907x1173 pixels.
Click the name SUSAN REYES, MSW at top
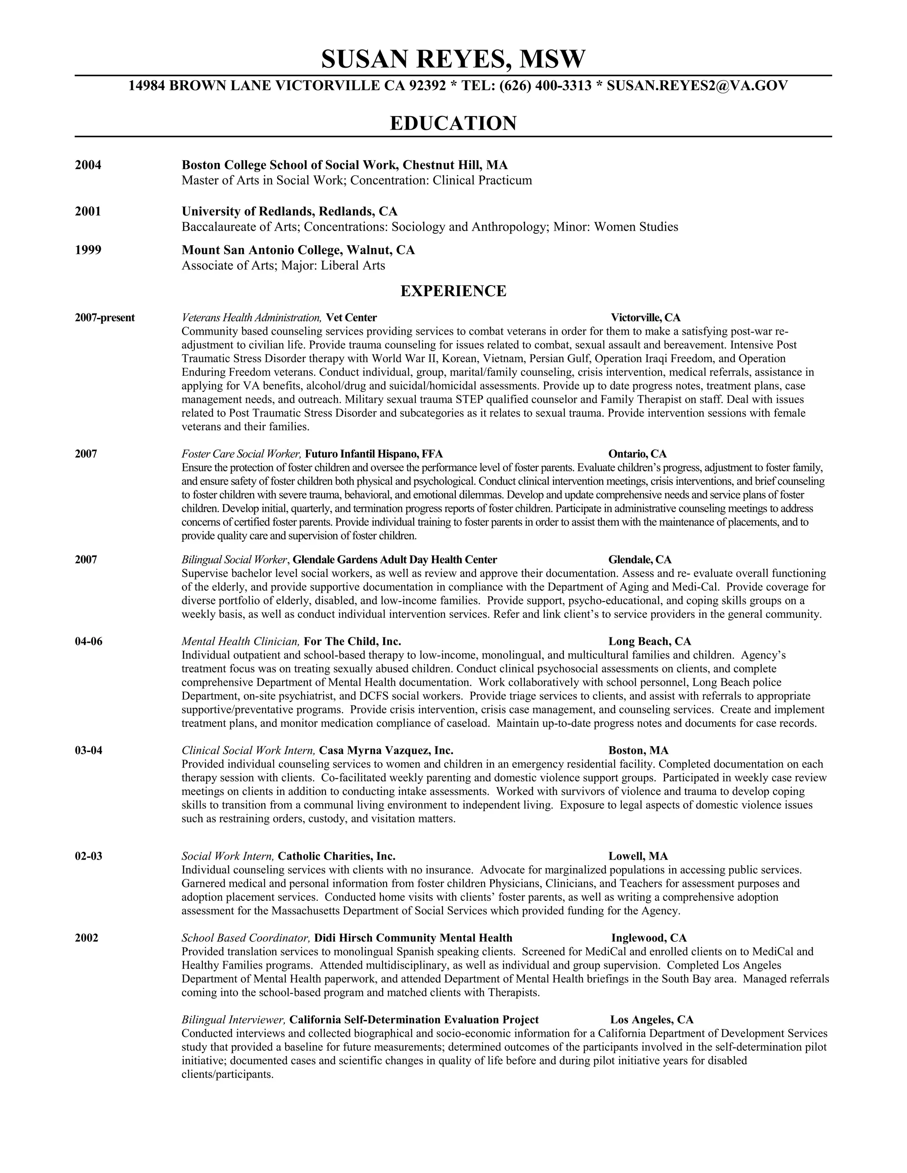tap(453, 59)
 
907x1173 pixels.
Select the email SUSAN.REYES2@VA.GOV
tap(697, 85)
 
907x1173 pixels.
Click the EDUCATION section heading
tap(453, 123)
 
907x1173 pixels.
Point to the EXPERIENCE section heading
tap(453, 291)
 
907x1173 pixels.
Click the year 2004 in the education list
tap(88, 165)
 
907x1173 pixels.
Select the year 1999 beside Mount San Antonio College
tap(88, 250)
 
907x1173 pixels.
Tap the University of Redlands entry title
tap(289, 212)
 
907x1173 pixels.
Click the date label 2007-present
tap(105, 318)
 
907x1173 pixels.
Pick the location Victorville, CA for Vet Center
tap(645, 318)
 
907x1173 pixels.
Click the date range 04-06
tap(89, 642)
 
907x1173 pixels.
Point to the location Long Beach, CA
tap(650, 642)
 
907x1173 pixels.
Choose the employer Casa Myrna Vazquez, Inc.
tap(386, 751)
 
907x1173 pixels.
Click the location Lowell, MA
tap(638, 857)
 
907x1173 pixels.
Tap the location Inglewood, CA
tap(648, 938)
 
